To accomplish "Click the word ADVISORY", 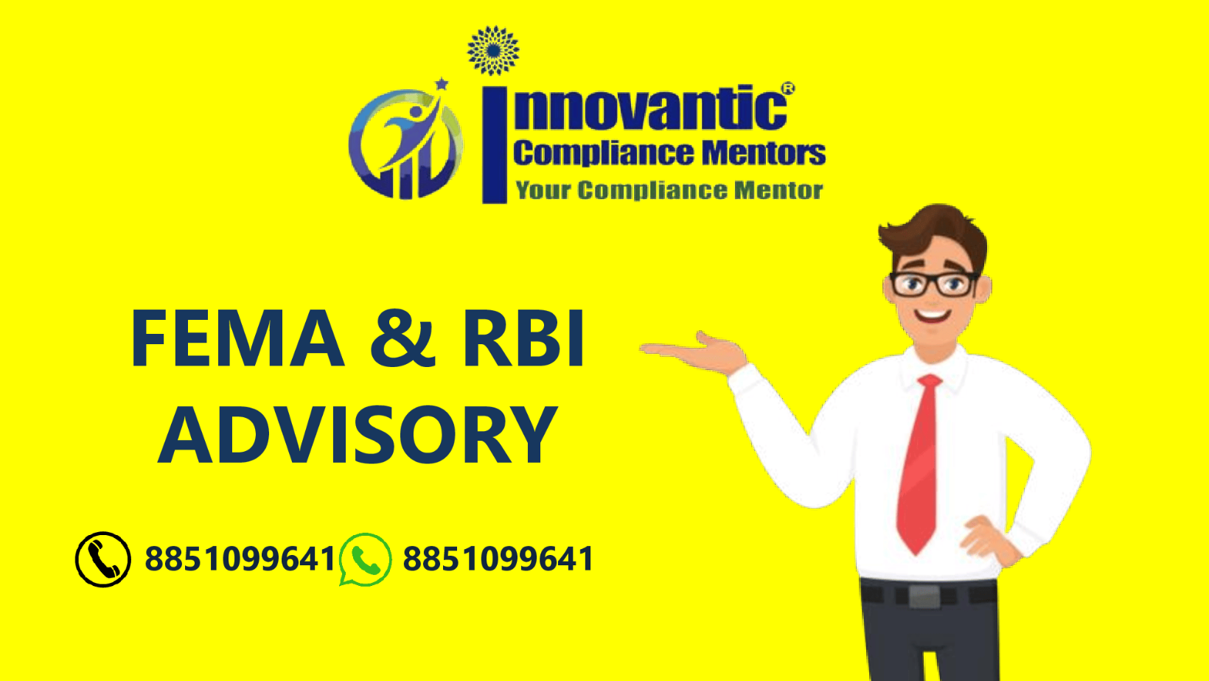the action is point(357,435).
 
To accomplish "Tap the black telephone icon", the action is point(102,559).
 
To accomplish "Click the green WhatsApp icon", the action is point(366,559).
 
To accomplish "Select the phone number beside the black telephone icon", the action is point(240,559).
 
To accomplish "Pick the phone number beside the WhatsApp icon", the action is point(498,559).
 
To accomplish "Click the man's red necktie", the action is point(919,464).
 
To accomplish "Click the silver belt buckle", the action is point(924,596).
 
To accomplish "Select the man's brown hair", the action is point(935,233).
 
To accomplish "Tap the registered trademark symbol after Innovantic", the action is point(788,88).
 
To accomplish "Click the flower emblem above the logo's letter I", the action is point(493,50).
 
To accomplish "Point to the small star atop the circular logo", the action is point(442,83).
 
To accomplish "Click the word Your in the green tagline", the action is point(543,191).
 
